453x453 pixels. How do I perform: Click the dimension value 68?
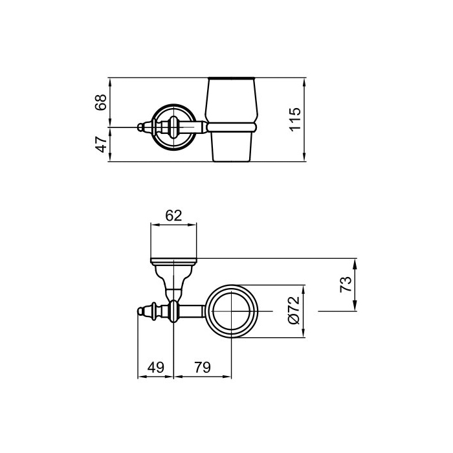101,102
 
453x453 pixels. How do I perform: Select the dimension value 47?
101,144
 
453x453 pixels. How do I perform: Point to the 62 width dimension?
173,215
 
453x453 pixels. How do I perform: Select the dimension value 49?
156,368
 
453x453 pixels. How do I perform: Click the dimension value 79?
203,368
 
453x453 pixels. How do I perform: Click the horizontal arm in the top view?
193,312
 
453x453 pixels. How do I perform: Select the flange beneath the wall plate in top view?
173,262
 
